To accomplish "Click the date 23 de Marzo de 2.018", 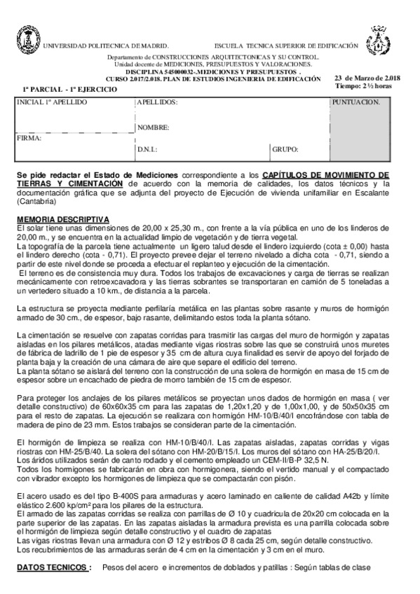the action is click(x=367, y=78).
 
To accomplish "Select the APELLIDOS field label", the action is click(x=157, y=102).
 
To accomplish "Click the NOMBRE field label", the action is click(x=153, y=127).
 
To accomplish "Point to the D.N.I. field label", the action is click(x=147, y=149).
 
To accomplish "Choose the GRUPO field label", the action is click(x=285, y=149).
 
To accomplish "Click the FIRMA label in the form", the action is click(x=29, y=138).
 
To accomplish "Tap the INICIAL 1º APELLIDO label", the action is click(x=53, y=102).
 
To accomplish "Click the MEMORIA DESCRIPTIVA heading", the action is click(x=63, y=219).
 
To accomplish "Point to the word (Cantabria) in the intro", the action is click(x=35, y=202).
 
